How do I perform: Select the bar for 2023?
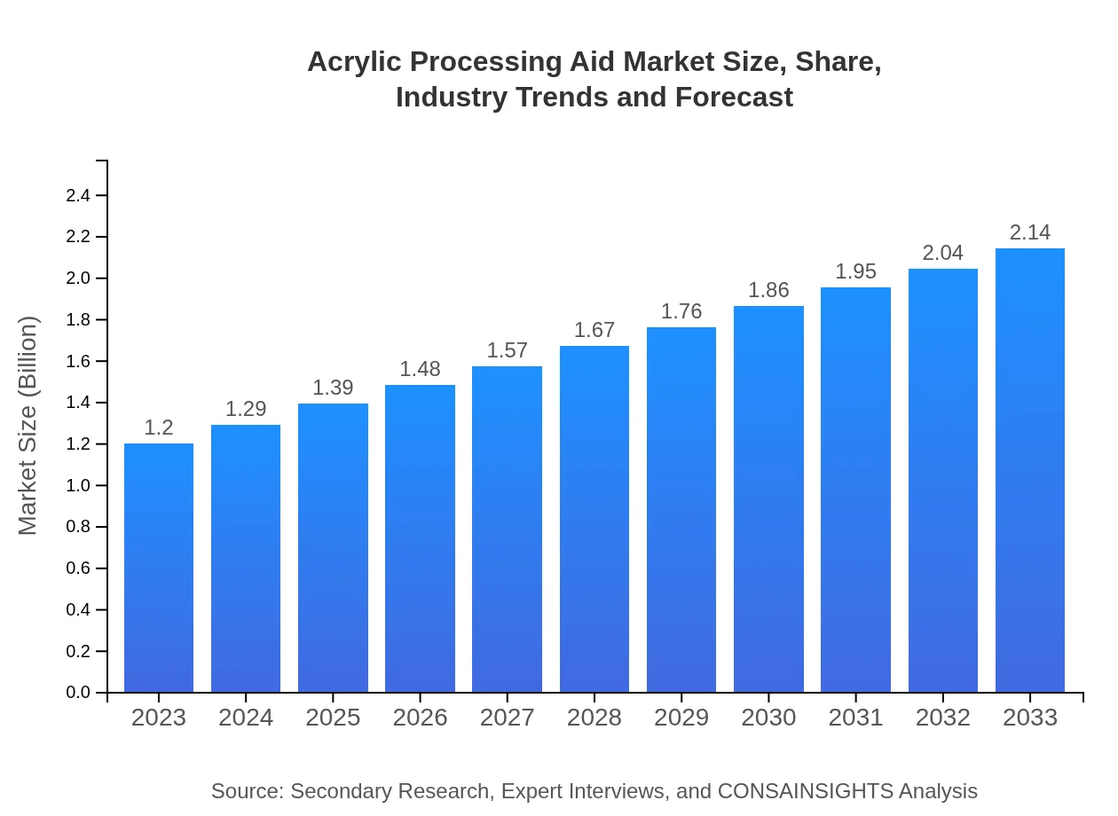tap(159, 568)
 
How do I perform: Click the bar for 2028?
tap(594, 519)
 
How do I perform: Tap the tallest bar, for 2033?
tap(1030, 470)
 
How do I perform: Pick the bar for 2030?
tap(768, 499)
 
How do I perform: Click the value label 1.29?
tap(246, 409)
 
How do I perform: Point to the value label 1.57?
tap(508, 350)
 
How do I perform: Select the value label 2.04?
tap(943, 253)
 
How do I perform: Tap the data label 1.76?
tap(681, 311)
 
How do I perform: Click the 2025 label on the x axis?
tap(333, 718)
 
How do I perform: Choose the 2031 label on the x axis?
tap(856, 718)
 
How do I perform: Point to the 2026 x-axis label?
tap(421, 718)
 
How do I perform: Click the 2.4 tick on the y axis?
tap(79, 195)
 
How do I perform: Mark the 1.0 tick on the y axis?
tap(79, 485)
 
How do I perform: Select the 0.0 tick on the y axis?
tap(79, 693)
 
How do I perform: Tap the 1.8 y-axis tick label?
tap(79, 319)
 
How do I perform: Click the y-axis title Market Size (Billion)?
tap(28, 426)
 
